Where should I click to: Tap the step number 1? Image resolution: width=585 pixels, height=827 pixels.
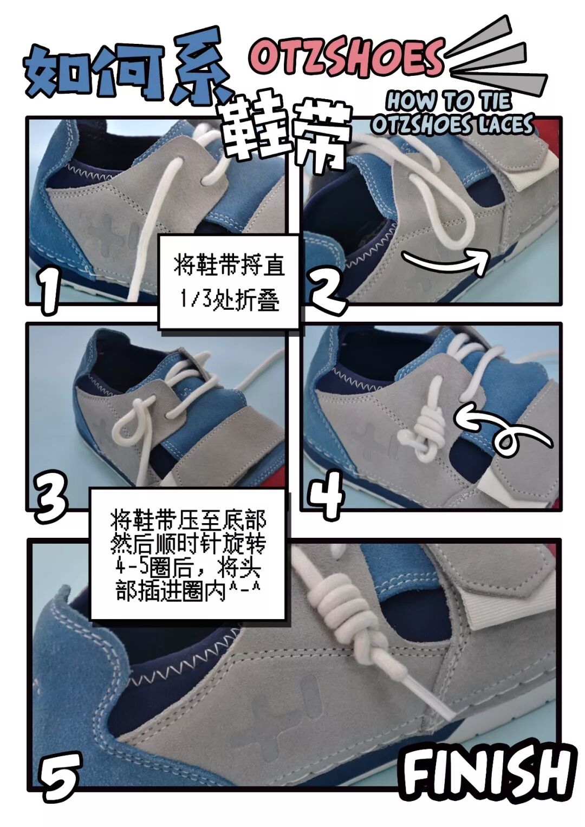click(x=50, y=292)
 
